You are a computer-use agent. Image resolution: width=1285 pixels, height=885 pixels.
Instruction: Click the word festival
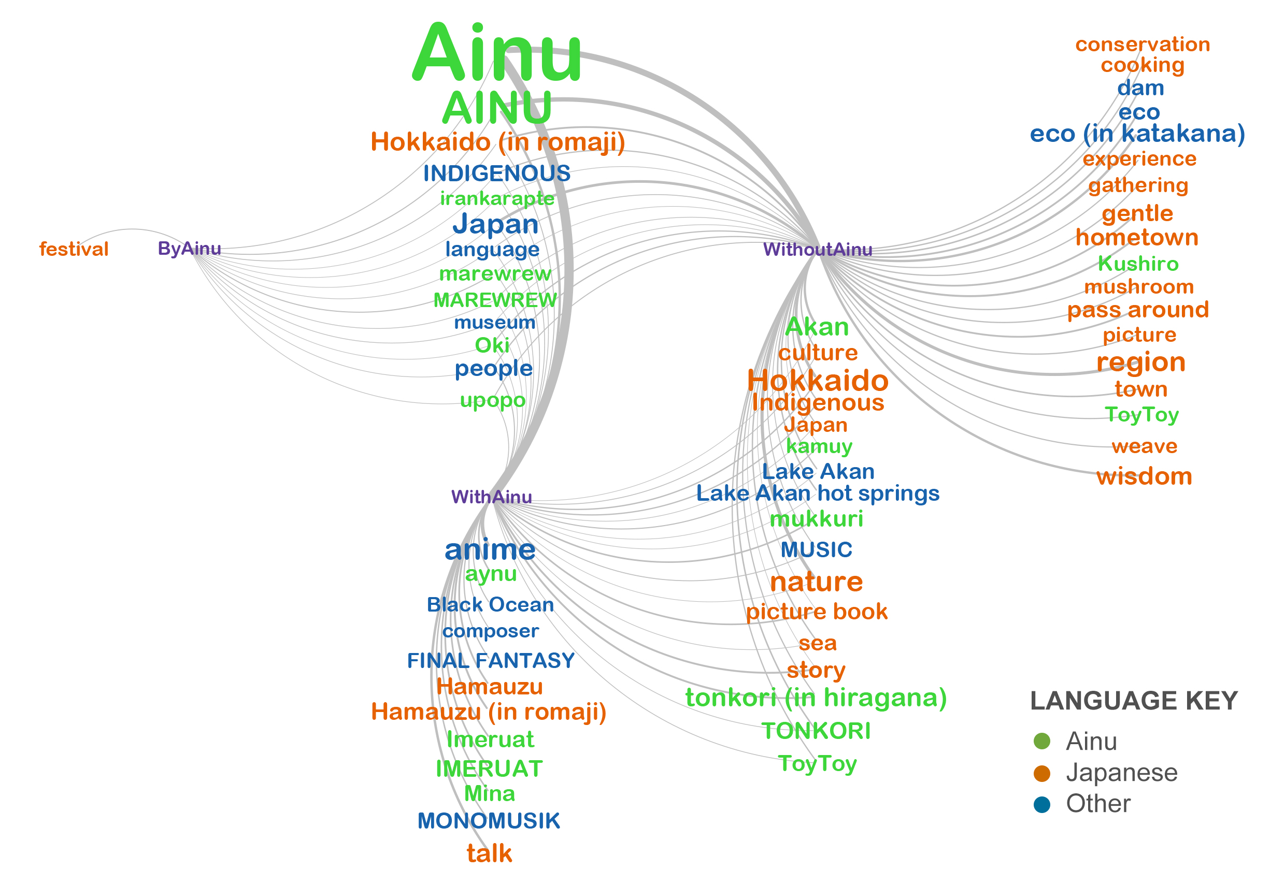pos(74,250)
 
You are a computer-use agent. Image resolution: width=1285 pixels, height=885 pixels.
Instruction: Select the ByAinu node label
pos(189,249)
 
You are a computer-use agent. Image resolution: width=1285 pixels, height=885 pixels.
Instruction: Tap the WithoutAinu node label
pos(817,250)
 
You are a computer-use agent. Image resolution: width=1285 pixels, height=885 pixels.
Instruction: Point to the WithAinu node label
pos(492,497)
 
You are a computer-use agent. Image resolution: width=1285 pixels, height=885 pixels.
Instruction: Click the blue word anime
pos(490,549)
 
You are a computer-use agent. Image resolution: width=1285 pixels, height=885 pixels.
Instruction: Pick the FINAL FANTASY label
pos(491,660)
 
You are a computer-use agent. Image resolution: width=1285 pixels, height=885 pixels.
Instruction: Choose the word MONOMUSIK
pos(488,821)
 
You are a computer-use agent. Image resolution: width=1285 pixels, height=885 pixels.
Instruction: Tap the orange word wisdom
pos(1144,476)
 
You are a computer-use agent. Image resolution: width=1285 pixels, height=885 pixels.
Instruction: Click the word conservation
pos(1143,45)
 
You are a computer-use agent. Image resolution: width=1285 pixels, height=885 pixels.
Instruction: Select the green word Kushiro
pos(1138,264)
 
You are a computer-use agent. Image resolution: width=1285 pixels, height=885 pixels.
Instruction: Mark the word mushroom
pos(1138,287)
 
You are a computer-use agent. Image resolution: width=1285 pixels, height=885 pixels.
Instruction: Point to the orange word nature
pos(816,582)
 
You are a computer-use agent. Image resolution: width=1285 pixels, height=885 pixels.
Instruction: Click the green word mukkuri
pos(816,519)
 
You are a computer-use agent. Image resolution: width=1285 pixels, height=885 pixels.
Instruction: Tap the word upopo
pos(493,400)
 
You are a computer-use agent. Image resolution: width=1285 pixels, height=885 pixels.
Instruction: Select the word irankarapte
pos(497,198)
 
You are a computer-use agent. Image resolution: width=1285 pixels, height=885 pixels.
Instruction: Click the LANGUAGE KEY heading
pos(1134,701)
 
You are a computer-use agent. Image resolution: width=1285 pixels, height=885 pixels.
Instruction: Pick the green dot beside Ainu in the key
pos(1042,742)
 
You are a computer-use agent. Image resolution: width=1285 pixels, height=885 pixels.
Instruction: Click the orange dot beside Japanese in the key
pos(1042,773)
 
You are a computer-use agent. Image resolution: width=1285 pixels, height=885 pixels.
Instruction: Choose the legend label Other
pos(1098,804)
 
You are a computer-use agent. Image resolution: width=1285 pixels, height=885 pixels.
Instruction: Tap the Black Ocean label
pos(491,604)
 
